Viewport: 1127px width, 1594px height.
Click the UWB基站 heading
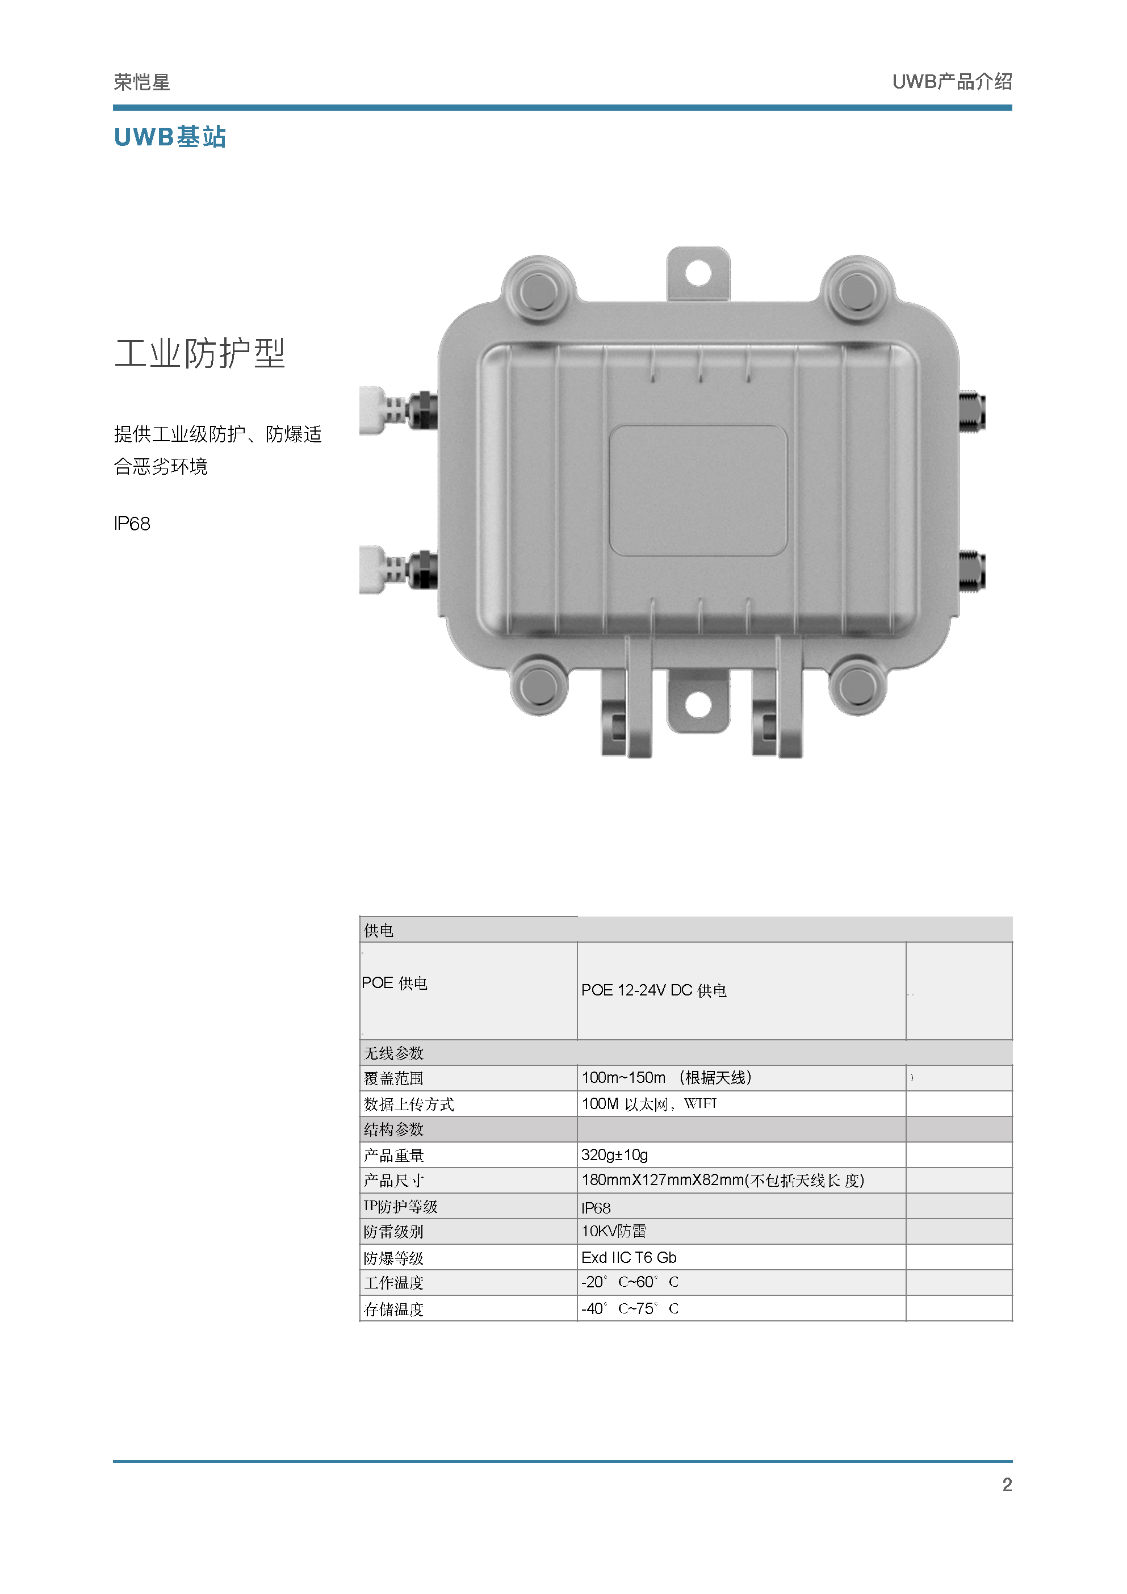coord(170,137)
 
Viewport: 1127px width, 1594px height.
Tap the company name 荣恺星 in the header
coord(141,82)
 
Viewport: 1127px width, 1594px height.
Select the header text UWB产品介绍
coord(952,82)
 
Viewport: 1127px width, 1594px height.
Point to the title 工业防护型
coord(200,353)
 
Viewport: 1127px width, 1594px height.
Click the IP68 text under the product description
coord(132,524)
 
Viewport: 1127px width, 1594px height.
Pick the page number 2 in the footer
coord(1006,1484)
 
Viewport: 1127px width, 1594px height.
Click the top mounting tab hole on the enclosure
coord(698,273)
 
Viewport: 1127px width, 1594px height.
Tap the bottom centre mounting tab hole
coord(698,705)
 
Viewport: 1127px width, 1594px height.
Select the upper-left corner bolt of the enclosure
coord(538,291)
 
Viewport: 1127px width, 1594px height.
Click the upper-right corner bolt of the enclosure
coord(857,291)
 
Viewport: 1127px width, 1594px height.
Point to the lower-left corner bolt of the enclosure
coord(538,687)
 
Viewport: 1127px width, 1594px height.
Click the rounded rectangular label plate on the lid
coord(698,490)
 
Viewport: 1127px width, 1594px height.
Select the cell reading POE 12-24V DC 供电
coord(653,990)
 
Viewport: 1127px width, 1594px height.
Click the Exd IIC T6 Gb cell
coord(629,1257)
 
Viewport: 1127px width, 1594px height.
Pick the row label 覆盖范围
coord(393,1078)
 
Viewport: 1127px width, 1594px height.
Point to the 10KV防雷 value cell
coord(614,1232)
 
